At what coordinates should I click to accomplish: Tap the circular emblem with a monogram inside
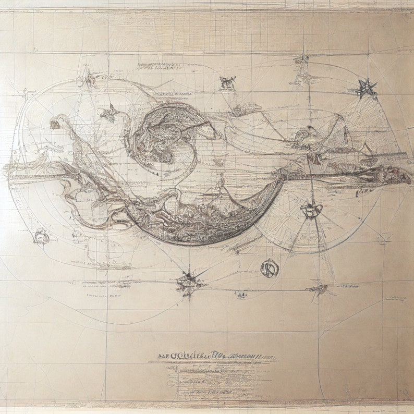point(270,268)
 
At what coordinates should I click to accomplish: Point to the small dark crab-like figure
point(227,82)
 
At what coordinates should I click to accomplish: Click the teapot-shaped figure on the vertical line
point(311,210)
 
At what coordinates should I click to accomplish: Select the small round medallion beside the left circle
point(42,237)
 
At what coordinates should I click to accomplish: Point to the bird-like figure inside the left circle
point(110,112)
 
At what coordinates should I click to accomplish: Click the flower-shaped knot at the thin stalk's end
point(55,124)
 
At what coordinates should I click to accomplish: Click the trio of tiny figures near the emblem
point(242,295)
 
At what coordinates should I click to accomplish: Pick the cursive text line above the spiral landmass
point(172,94)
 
